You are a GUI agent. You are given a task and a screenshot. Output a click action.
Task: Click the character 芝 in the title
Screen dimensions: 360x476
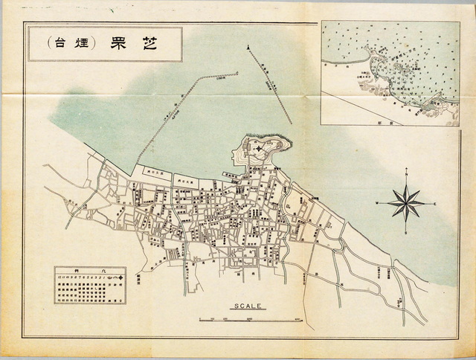(151, 43)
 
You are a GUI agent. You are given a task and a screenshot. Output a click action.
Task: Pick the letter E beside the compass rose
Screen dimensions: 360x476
(435, 203)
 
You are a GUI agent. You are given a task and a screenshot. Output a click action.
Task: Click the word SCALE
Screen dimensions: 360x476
(248, 306)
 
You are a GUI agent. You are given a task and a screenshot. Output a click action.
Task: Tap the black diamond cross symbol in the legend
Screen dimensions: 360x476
(121, 277)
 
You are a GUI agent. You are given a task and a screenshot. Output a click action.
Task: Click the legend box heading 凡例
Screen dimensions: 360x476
(90, 270)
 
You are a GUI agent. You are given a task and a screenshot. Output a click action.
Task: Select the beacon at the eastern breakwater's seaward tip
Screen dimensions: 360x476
(246, 47)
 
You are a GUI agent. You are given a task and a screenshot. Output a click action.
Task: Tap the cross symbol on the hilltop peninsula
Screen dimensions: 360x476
(258, 149)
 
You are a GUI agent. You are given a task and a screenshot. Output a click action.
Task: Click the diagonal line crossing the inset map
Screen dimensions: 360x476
(364, 107)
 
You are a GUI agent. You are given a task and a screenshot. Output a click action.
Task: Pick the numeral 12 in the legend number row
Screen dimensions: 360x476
(62, 277)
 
